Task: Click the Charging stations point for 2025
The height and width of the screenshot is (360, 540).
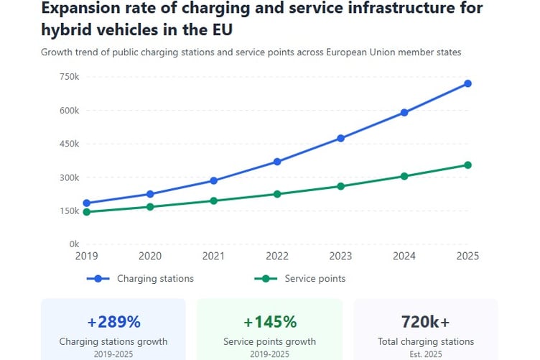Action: tap(467, 83)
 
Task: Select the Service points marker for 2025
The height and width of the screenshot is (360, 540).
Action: tap(467, 165)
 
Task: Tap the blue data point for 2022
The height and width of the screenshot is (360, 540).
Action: tap(277, 162)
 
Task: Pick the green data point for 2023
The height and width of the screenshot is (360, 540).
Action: tap(341, 186)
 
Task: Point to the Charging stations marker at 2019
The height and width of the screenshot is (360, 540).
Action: tap(87, 203)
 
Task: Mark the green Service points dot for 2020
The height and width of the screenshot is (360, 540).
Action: tap(150, 207)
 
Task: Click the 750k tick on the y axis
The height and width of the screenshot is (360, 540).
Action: tap(69, 77)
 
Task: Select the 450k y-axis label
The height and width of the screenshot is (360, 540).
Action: tap(69, 144)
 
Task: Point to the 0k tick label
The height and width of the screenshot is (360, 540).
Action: tap(73, 244)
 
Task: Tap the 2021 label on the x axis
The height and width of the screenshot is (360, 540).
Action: tap(214, 257)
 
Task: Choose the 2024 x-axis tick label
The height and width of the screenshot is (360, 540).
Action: tap(404, 257)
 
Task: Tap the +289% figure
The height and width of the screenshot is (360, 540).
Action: tap(113, 321)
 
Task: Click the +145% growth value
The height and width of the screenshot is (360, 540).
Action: tap(270, 321)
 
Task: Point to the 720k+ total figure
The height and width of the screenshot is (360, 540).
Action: tap(426, 321)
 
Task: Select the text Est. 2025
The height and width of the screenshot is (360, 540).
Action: tap(426, 354)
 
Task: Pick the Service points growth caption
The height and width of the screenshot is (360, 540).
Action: tap(270, 342)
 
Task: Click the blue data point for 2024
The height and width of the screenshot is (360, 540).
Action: tap(404, 112)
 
